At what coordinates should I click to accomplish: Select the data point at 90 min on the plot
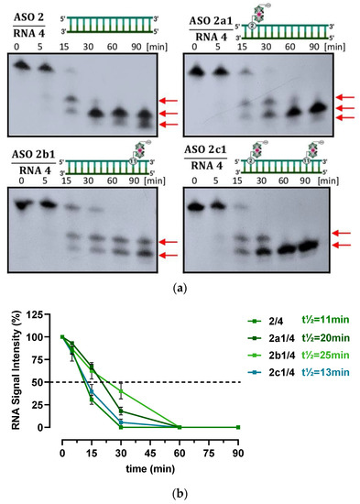(236, 427)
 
